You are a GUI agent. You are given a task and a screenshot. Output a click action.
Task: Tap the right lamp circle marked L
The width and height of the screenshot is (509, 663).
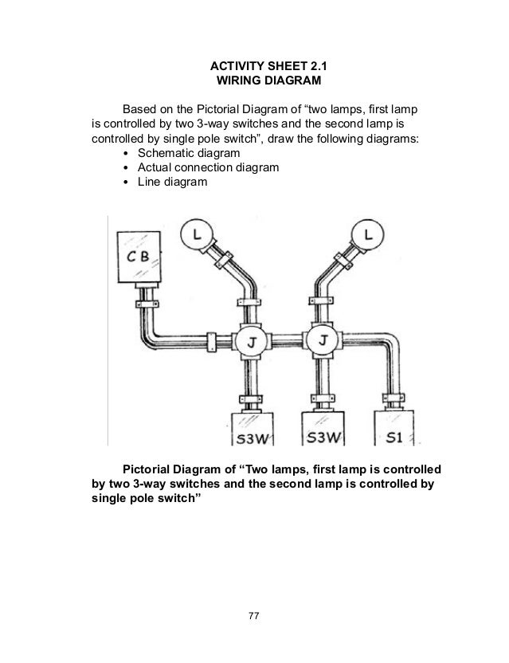point(366,233)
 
